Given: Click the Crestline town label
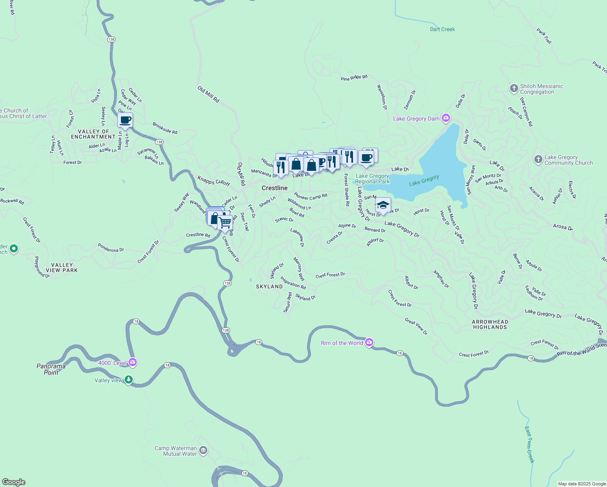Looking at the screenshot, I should click(275, 188).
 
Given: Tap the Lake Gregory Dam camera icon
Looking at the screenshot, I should click(446, 118).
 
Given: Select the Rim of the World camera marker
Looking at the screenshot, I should click(369, 343).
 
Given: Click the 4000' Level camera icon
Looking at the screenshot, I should click(133, 362).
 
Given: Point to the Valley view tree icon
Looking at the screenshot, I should click(129, 380).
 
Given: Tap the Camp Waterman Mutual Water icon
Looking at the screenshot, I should click(203, 450).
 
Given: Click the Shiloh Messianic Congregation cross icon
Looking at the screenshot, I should click(514, 88).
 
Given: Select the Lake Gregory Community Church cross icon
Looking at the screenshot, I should click(538, 159).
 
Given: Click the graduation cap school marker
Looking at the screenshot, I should click(383, 205).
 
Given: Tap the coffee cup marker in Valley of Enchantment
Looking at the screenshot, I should click(125, 121).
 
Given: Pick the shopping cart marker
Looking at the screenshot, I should click(225, 222).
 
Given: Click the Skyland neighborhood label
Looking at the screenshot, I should click(269, 287).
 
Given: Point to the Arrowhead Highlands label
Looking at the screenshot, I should click(490, 324).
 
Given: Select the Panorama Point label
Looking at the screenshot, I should click(51, 369).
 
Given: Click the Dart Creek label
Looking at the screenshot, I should click(442, 29).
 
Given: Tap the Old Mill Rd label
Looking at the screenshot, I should click(209, 94).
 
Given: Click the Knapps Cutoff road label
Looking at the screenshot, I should click(214, 181).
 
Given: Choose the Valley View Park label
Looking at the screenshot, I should click(62, 267).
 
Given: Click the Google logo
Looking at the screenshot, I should click(14, 482).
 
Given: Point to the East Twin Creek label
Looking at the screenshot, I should click(530, 444).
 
